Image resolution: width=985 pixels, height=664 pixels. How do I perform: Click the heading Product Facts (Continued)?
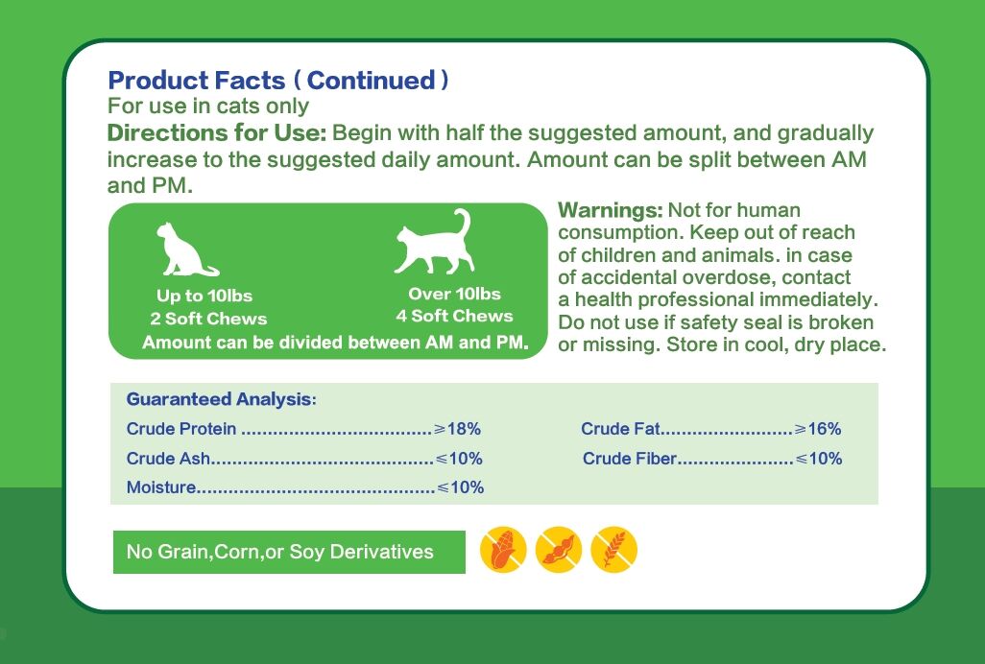click(x=278, y=81)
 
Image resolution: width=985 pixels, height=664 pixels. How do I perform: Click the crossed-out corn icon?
click(x=503, y=550)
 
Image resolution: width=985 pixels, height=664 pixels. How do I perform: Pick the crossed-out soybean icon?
click(x=559, y=550)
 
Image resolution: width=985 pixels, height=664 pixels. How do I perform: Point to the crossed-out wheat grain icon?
click(x=614, y=550)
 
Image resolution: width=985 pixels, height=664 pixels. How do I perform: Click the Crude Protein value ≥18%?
click(x=457, y=429)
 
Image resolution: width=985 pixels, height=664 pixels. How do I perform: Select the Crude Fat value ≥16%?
click(x=818, y=429)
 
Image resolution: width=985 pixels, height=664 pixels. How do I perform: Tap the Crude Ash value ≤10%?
click(x=459, y=458)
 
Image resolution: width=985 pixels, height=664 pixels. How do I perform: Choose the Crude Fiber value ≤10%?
click(x=819, y=458)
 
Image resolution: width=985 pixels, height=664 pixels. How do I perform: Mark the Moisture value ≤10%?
click(x=461, y=487)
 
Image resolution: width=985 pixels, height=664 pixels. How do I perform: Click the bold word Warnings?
click(x=611, y=210)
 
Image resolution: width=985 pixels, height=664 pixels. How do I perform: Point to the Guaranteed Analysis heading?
click(x=221, y=399)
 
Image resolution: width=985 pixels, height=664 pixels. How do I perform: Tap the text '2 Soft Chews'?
click(x=208, y=319)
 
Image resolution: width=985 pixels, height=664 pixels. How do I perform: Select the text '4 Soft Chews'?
click(x=454, y=316)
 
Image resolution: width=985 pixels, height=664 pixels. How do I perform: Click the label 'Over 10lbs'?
click(x=455, y=294)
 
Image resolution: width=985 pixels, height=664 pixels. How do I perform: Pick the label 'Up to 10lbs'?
click(x=204, y=296)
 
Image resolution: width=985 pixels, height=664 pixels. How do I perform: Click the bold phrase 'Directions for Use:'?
click(x=217, y=133)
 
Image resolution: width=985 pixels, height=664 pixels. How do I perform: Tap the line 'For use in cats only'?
click(x=208, y=107)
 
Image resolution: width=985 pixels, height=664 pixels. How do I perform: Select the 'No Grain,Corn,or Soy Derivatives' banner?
click(x=289, y=552)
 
